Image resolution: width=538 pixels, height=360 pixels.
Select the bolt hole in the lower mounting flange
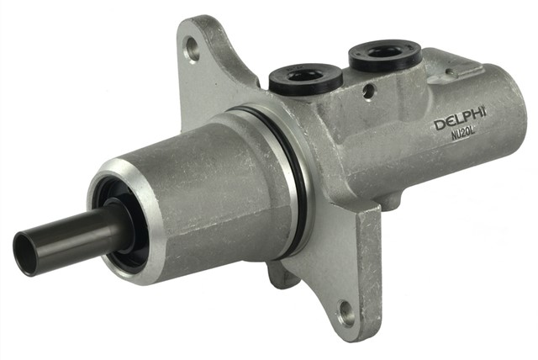(346, 314)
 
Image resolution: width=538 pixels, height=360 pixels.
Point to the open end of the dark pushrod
(24, 254)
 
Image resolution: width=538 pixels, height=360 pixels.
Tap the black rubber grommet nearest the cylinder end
(385, 54)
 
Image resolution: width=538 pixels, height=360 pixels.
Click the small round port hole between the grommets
(368, 91)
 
